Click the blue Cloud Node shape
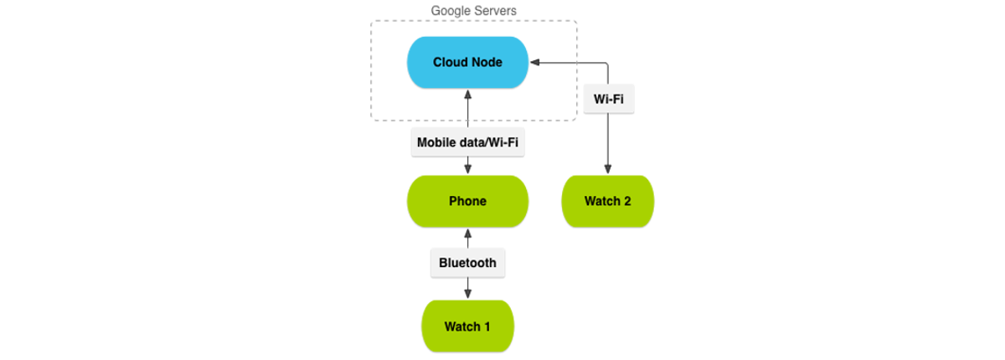click(x=467, y=62)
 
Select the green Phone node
click(x=467, y=201)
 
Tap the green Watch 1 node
click(x=467, y=326)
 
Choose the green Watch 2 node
click(x=607, y=201)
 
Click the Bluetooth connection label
click(x=467, y=263)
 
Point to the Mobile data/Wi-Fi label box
click(x=467, y=142)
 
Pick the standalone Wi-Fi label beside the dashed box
click(x=609, y=100)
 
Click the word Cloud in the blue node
click(x=450, y=62)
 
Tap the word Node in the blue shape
click(x=487, y=62)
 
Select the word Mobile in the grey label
click(x=435, y=142)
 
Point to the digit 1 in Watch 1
click(x=487, y=327)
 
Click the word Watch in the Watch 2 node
click(x=601, y=201)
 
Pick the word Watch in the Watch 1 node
click(x=461, y=327)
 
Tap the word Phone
click(x=467, y=201)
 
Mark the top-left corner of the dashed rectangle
click(x=373, y=22)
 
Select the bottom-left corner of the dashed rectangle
click(x=373, y=120)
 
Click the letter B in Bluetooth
click(x=443, y=263)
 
